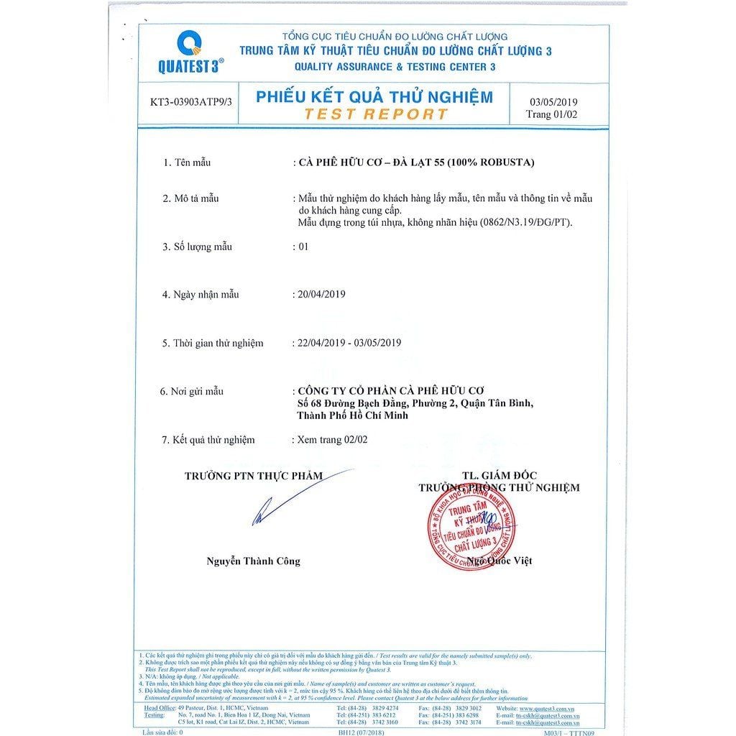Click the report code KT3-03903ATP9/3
click(191, 102)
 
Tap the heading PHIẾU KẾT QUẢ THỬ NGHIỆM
click(374, 97)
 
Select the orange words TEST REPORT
click(376, 114)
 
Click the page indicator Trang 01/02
click(551, 114)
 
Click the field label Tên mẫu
click(192, 162)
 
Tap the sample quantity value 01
click(303, 247)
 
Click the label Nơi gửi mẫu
click(197, 391)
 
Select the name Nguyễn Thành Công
click(254, 561)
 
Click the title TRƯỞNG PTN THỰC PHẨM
click(254, 475)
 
